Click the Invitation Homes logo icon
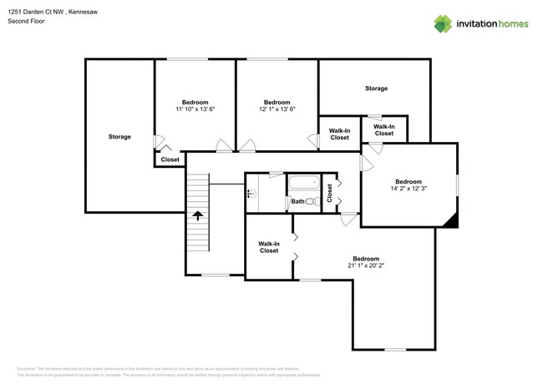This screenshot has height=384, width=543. (x=443, y=24)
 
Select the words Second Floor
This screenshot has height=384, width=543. (x=27, y=21)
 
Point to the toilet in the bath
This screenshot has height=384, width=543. (x=311, y=201)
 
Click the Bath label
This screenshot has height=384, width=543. (x=297, y=201)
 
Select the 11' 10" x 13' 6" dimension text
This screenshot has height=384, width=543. (x=195, y=109)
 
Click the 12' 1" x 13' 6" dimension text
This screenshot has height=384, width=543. (x=277, y=109)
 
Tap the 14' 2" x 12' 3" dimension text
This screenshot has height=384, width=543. (x=409, y=189)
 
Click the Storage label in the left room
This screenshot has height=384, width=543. (x=119, y=136)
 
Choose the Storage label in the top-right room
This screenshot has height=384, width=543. (x=376, y=88)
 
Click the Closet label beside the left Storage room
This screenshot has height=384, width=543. (x=170, y=159)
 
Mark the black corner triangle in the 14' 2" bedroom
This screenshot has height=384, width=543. (x=451, y=220)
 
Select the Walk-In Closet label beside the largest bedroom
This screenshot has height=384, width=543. (x=268, y=247)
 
